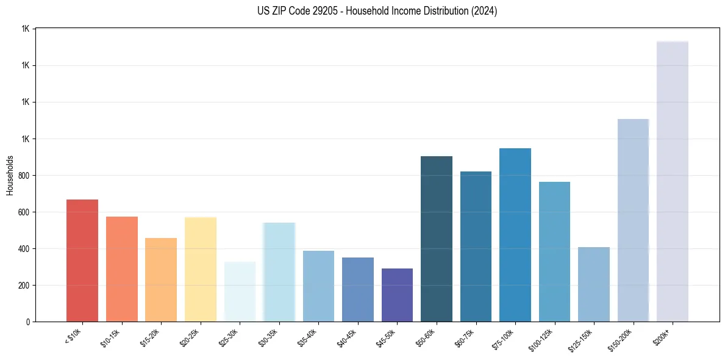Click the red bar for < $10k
coord(82,261)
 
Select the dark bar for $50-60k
coord(437,239)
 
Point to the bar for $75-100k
coord(515,235)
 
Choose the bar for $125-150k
coord(594,284)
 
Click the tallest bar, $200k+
coord(673,181)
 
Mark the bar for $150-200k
coord(633,220)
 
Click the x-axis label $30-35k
coord(269,337)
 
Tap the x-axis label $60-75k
coord(465,337)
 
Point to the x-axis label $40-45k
coord(348,337)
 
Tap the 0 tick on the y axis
coord(27,322)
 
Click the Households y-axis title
coord(10,175)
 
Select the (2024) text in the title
coord(483,11)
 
